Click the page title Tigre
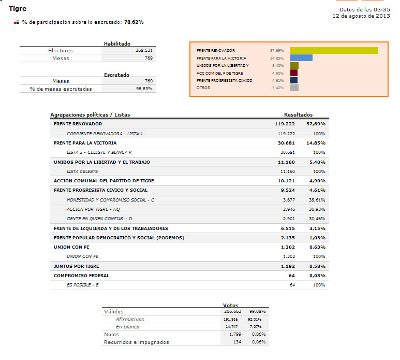pos(18,9)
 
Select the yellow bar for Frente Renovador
pos(334,51)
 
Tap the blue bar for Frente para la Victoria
pos(301,57)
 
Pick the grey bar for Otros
pos(294,88)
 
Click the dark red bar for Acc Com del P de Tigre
pos(294,73)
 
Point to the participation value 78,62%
pos(134,22)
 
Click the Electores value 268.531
pos(144,50)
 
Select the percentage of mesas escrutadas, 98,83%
pos(144,89)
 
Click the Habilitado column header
pos(117,44)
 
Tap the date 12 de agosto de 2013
pos(361,16)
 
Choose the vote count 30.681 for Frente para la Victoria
pos(286,143)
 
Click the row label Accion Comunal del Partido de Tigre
pos(104,181)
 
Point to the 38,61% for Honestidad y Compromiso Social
pos(317,200)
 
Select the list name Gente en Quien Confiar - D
pos(99,219)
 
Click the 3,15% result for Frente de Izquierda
pos(317,228)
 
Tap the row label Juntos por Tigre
pos(76,266)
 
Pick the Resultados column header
pos(298,114)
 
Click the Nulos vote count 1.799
pos(235,334)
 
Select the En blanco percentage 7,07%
pos(255,326)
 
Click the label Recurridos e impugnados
pos(137,342)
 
